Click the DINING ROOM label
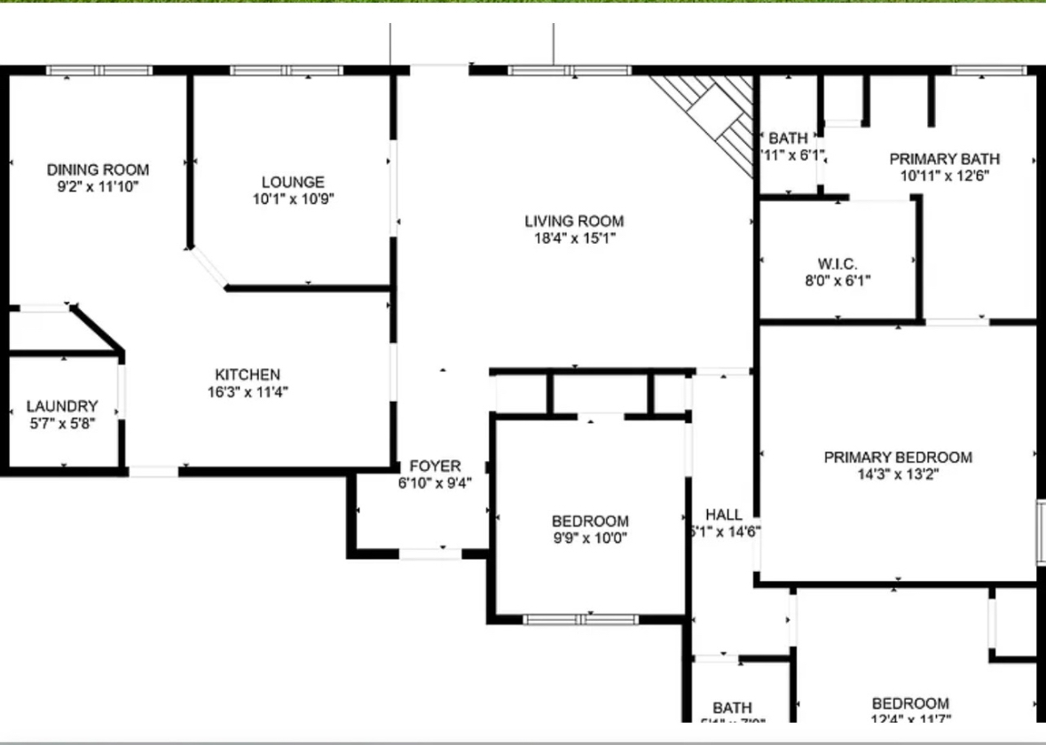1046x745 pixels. [98, 169]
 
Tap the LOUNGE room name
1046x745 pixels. [293, 182]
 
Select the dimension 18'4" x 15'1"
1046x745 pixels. [574, 238]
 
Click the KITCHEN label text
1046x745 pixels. [248, 375]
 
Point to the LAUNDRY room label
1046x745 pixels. [62, 406]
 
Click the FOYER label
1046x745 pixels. [435, 467]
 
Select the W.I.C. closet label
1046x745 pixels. [838, 264]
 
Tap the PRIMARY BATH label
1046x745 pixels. [944, 159]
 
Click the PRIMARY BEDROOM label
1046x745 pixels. [898, 458]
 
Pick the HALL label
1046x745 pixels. [724, 514]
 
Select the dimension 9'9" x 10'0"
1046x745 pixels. [590, 537]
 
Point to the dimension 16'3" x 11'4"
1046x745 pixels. [248, 391]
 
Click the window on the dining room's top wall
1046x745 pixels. [99, 70]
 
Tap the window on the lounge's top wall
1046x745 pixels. [286, 70]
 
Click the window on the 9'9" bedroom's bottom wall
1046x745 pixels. [580, 619]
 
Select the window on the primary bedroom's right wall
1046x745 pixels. [1041, 532]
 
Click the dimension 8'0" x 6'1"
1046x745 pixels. [838, 281]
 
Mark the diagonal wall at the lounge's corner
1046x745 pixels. [208, 268]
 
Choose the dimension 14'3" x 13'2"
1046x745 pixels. [898, 474]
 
